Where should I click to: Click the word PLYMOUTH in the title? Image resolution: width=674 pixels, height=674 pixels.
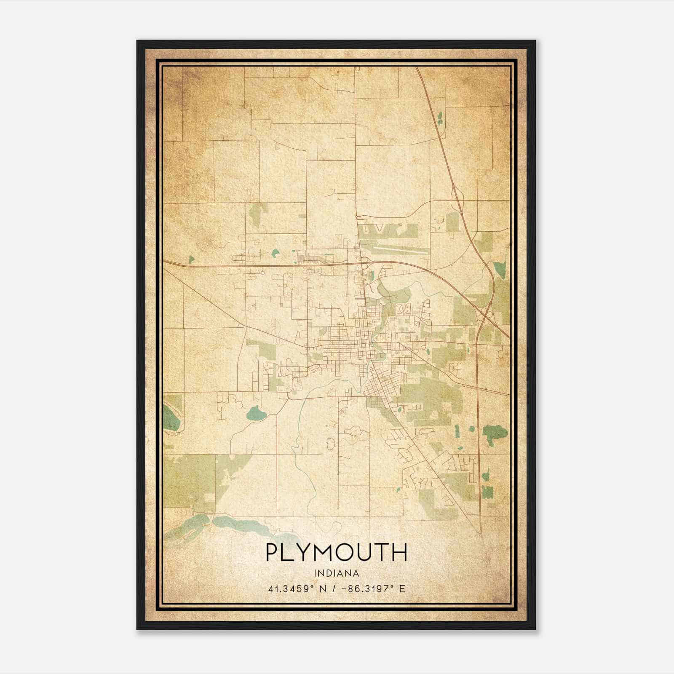(337, 553)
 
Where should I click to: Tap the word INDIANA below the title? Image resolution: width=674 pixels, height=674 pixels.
(337, 573)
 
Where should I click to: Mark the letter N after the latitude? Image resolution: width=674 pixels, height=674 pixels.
(323, 589)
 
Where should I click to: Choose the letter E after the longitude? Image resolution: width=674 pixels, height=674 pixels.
(402, 589)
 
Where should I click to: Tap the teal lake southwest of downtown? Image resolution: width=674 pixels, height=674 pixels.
(256, 413)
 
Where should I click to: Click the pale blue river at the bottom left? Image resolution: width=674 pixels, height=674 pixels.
(236, 524)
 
